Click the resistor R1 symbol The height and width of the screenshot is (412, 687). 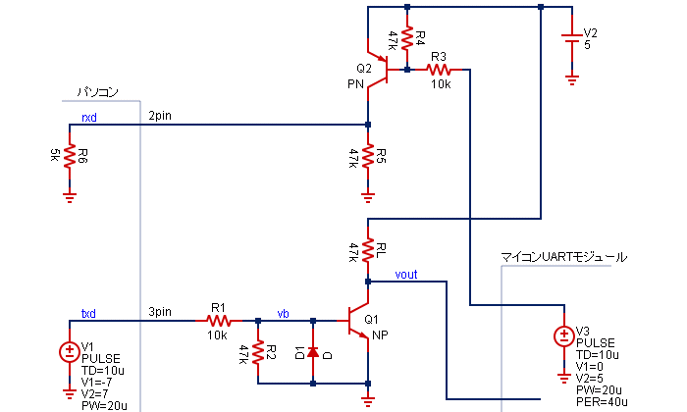tap(218, 320)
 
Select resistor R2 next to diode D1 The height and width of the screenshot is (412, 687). tap(257, 351)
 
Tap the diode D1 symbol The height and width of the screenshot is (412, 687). tap(313, 351)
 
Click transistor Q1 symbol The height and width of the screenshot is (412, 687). tap(359, 320)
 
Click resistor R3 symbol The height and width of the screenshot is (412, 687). tap(439, 70)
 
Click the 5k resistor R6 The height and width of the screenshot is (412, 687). tap(69, 156)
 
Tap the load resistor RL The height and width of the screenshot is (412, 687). tap(368, 250)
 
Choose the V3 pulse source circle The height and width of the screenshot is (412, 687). tap(564, 336)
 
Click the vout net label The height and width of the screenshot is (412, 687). tap(405, 275)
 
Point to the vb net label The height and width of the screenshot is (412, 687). tap(284, 313)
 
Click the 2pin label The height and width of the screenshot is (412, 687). tap(160, 117)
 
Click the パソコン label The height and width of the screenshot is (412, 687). tap(98, 92)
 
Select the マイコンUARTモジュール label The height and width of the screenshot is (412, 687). tap(563, 257)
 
